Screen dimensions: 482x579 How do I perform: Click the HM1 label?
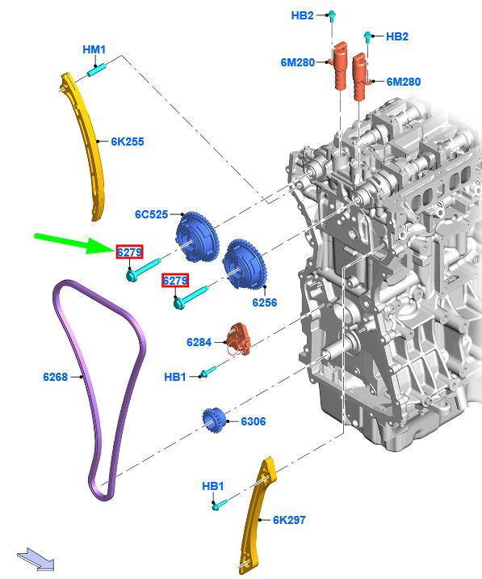pyautogui.click(x=94, y=49)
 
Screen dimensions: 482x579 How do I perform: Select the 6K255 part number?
pyautogui.click(x=128, y=142)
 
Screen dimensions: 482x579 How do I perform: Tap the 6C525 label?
pyautogui.click(x=152, y=214)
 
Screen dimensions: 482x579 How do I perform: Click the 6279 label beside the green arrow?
pyautogui.click(x=129, y=252)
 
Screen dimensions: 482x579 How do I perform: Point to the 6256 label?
pyautogui.click(x=265, y=302)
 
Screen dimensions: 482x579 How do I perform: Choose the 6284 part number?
pyautogui.click(x=199, y=342)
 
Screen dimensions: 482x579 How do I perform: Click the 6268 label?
pyautogui.click(x=56, y=377)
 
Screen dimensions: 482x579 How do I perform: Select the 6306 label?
pyautogui.click(x=254, y=421)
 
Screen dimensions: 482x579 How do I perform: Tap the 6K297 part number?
pyautogui.click(x=289, y=520)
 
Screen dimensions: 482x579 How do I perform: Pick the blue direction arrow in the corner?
pyautogui.click(x=36, y=560)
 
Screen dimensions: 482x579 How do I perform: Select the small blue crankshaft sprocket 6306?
pyautogui.click(x=214, y=421)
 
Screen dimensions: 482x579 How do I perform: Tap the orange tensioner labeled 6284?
pyautogui.click(x=240, y=340)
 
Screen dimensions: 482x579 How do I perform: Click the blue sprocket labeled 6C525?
pyautogui.click(x=197, y=236)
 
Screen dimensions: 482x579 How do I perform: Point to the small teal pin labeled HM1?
pyautogui.click(x=97, y=70)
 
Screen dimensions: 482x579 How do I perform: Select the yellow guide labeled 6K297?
pyautogui.click(x=258, y=515)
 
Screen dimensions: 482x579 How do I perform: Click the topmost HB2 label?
pyautogui.click(x=303, y=15)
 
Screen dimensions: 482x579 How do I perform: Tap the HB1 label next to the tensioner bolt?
pyautogui.click(x=175, y=377)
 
